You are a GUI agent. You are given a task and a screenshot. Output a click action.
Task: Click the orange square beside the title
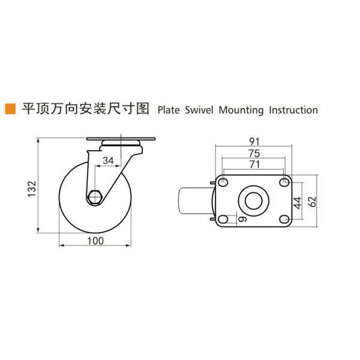point(10,109)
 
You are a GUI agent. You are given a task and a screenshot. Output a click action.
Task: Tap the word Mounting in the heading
point(241,110)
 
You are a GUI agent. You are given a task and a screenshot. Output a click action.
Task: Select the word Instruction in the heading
point(293,110)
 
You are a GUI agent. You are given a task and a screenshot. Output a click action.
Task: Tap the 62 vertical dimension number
point(311,202)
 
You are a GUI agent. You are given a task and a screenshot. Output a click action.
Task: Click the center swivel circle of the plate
point(253,201)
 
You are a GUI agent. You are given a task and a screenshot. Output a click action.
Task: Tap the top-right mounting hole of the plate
point(283,182)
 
